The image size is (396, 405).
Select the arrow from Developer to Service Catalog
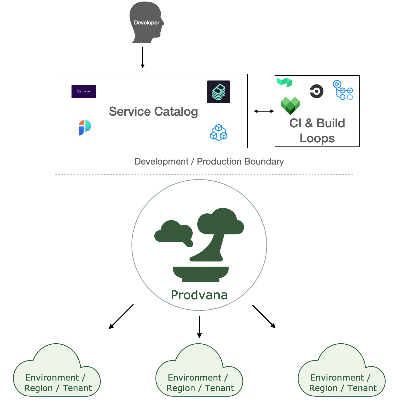pos(143,58)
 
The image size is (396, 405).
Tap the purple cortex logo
pos(84,91)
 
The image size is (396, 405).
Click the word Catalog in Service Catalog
pos(176,112)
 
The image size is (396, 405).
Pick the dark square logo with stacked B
pos(219,92)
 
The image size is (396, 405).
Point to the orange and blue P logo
pos(85,128)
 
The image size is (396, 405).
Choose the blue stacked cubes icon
pos(219,132)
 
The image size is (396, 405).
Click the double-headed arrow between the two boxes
pos(264,111)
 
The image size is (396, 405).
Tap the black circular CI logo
pos(317,91)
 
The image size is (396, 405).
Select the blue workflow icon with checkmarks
pos(343,90)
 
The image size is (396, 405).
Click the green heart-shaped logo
pos(290,106)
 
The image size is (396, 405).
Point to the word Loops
pos(317,139)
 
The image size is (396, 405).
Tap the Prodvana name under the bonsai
pos(199,295)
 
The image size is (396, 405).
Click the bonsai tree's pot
pos(201,274)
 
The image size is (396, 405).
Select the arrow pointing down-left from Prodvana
pos(121,317)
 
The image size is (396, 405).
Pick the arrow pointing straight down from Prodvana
pos(199,327)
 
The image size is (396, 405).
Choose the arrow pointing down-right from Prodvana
pos(264,316)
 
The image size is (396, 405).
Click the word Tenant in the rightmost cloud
pos(362,388)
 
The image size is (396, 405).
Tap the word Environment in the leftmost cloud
pos(52,377)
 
